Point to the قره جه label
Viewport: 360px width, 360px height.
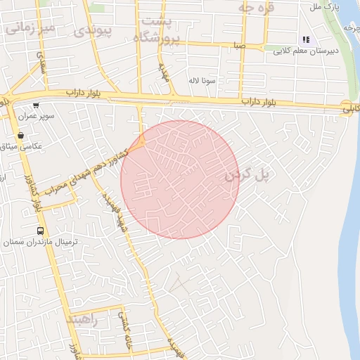pyautogui.click(x=255, y=8)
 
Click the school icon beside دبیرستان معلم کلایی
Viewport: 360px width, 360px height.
pyautogui.click(x=305, y=40)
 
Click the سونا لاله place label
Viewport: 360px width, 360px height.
pyautogui.click(x=201, y=81)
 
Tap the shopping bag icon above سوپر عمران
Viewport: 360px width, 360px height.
pyautogui.click(x=35, y=105)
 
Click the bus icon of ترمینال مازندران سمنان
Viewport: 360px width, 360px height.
pyautogui.click(x=40, y=231)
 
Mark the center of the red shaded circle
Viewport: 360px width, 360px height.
pyautogui.click(x=179, y=179)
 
